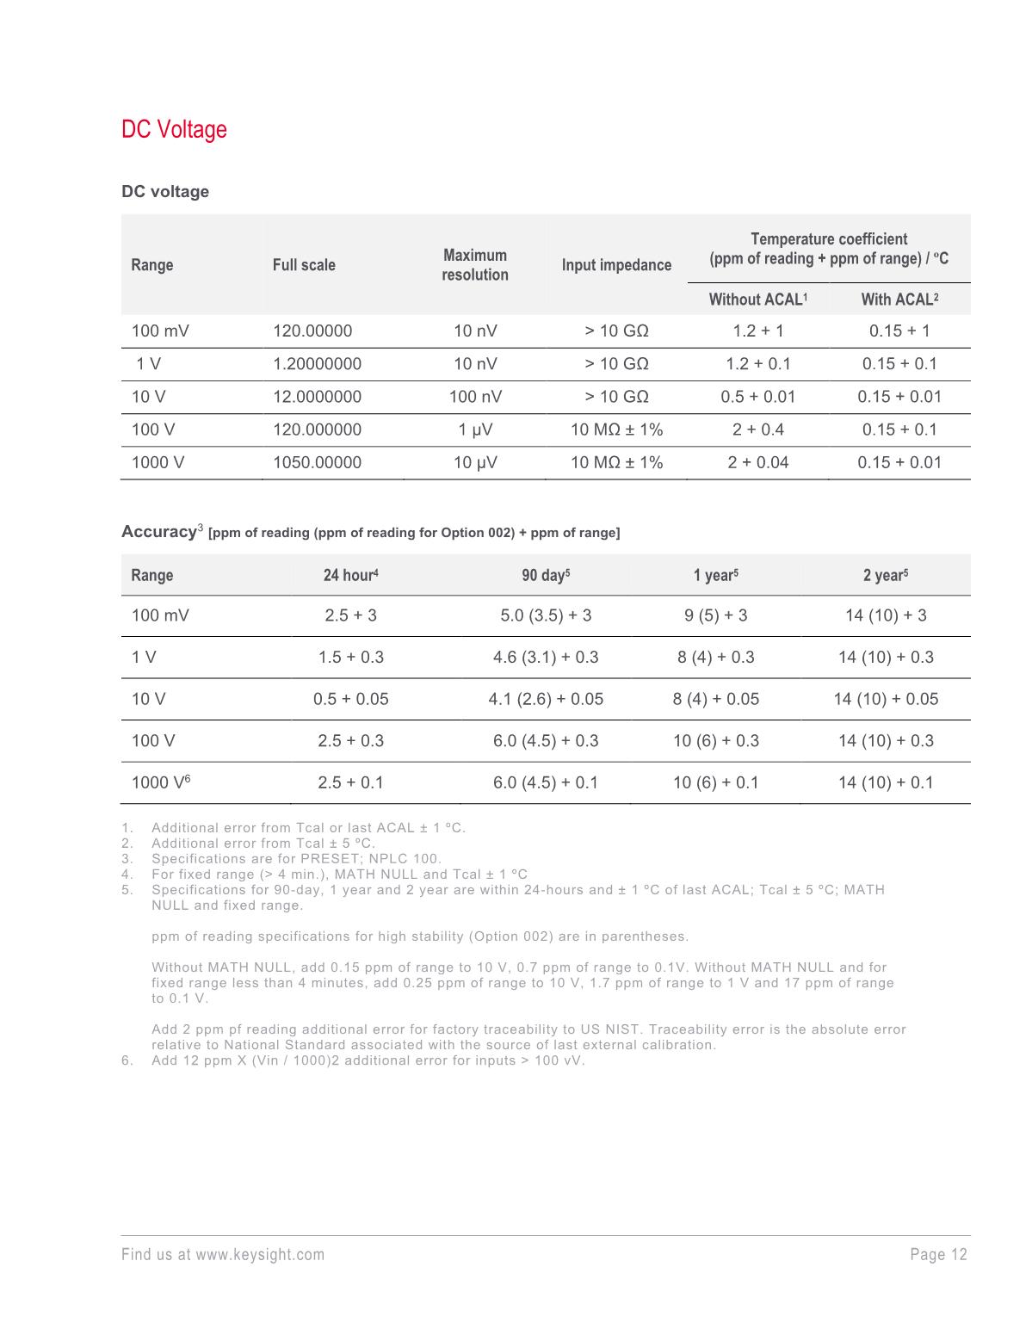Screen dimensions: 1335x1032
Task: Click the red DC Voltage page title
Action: [174, 130]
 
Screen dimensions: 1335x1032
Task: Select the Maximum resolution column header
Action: [474, 265]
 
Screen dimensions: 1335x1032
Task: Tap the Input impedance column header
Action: [616, 265]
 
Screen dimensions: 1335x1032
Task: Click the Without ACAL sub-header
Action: [757, 300]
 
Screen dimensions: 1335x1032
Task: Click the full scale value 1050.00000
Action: [317, 462]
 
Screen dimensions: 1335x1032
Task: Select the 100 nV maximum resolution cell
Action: [475, 397]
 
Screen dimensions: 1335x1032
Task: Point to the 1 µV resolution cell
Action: [475, 430]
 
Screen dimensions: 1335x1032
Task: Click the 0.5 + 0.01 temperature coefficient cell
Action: [757, 397]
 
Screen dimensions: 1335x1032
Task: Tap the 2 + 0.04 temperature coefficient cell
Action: [757, 462]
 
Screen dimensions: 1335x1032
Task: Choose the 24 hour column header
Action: [350, 575]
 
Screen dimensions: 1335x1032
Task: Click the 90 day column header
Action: [546, 575]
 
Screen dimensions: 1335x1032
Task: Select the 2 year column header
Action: [886, 575]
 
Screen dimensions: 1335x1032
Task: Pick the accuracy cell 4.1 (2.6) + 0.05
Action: [546, 699]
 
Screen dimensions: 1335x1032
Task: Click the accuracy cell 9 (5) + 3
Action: [715, 615]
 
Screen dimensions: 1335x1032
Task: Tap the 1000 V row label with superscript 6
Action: [160, 782]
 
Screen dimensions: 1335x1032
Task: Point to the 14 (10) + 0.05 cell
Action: [886, 699]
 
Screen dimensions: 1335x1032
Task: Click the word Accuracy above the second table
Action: [158, 532]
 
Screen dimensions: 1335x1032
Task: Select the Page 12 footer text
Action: [938, 1255]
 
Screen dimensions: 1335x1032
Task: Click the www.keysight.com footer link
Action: [260, 1255]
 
